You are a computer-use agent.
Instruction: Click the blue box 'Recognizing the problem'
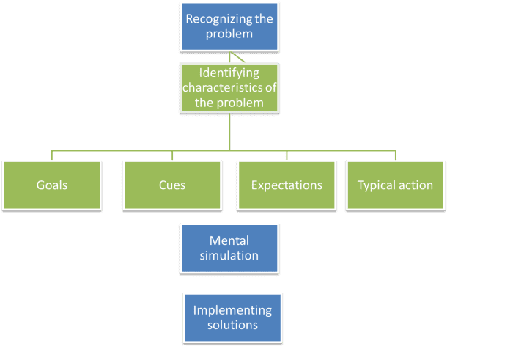[230, 26]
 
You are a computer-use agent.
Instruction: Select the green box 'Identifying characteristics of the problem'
[230, 87]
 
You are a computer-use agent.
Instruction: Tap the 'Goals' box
[51, 185]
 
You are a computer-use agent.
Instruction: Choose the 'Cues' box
[172, 185]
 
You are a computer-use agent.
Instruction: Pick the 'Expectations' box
[287, 185]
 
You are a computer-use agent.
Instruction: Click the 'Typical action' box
[395, 185]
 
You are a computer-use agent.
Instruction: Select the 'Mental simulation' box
[230, 248]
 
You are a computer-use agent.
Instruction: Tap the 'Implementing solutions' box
[232, 317]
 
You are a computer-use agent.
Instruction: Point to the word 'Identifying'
[229, 73]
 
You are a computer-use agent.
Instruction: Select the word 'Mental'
[229, 240]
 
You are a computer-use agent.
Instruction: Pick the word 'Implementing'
[232, 310]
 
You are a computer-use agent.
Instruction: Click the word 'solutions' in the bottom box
[232, 325]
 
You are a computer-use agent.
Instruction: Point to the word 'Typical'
[376, 185]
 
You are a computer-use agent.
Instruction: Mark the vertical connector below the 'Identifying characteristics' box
[230, 132]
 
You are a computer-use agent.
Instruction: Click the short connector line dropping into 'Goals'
[51, 155]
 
